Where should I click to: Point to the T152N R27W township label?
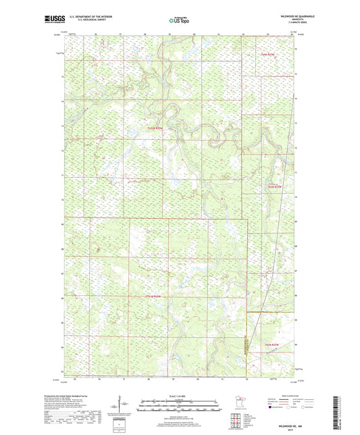click(155, 126)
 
